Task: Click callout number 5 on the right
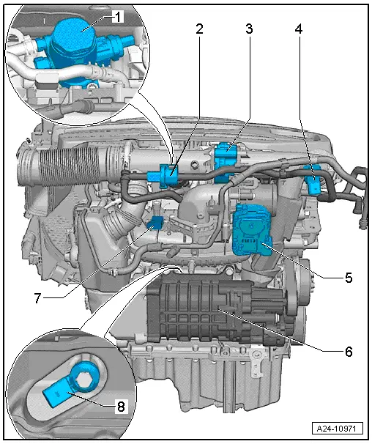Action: tap(349, 278)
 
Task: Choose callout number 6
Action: tap(349, 351)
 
